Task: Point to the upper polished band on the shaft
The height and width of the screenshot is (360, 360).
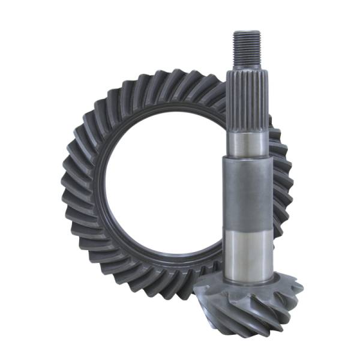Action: coord(247,144)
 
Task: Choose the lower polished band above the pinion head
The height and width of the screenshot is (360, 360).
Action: coord(248,252)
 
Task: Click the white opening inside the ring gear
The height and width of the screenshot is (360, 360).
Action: coord(162,180)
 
